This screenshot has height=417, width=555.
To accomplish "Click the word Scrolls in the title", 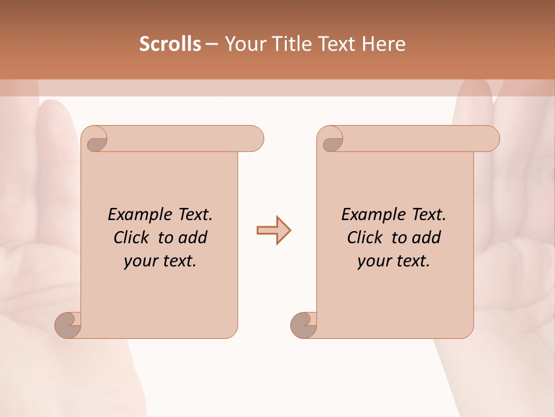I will click(x=170, y=44).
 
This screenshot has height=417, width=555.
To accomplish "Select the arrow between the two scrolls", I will click(x=273, y=231).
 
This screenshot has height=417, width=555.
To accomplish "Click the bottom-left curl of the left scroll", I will click(x=68, y=325).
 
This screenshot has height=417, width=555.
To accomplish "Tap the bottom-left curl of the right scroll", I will click(x=304, y=325).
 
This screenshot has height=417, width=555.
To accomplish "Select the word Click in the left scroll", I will click(x=132, y=238).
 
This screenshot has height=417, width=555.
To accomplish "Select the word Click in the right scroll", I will click(x=365, y=238).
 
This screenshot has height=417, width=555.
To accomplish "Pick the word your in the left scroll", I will click(x=139, y=262).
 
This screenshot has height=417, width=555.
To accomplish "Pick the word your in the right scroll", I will click(x=373, y=262).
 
